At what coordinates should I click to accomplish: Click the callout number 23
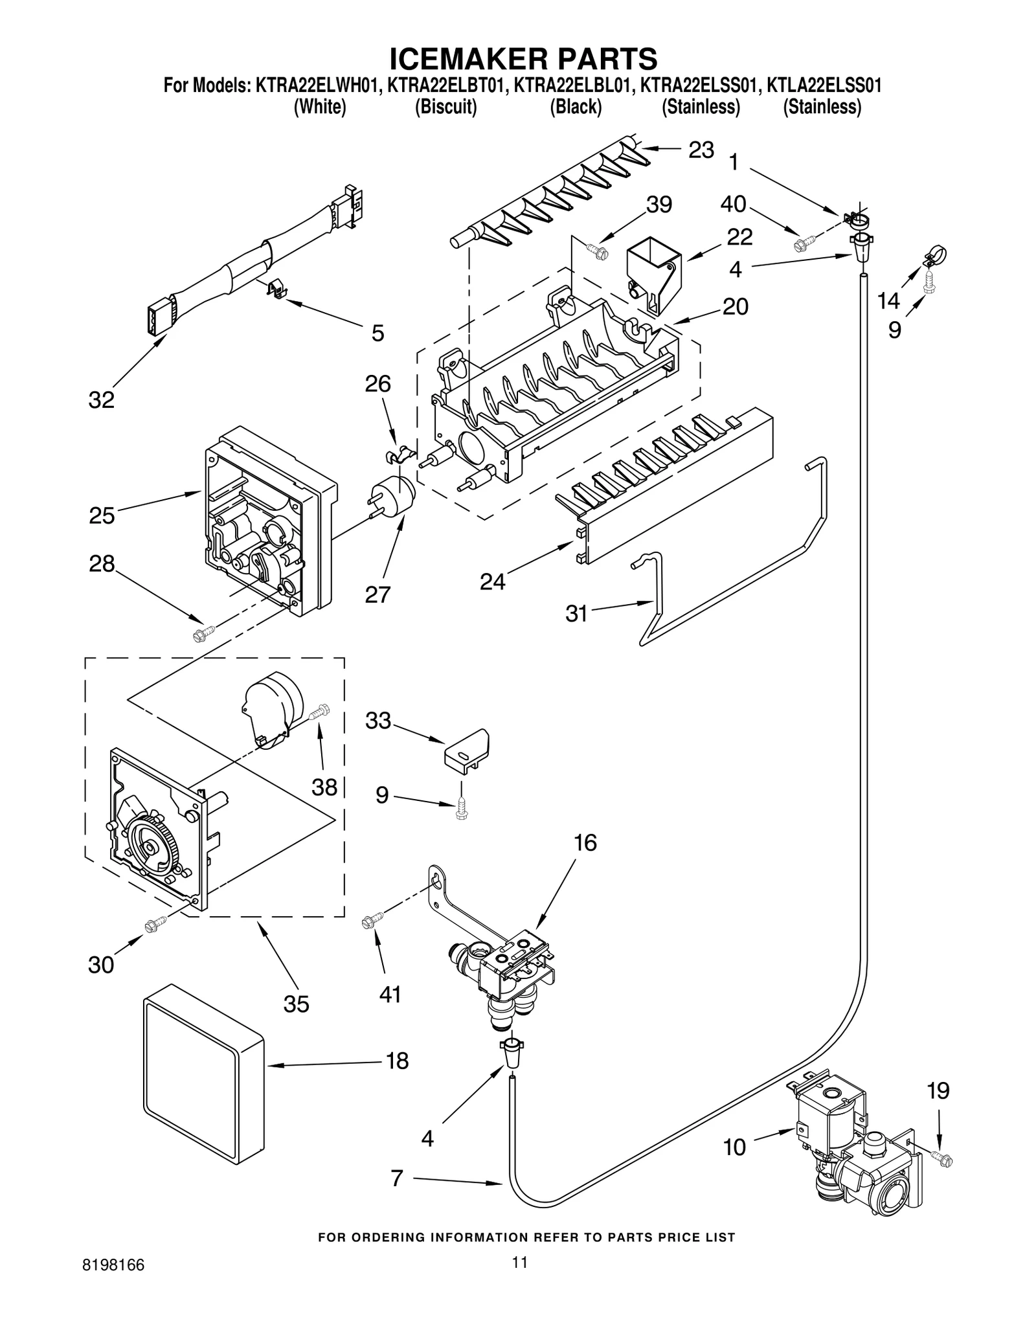pos(701,150)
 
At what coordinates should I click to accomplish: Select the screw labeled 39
pos(596,249)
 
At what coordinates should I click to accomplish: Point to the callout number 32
pos(102,400)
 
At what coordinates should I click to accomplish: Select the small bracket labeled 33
pos(467,748)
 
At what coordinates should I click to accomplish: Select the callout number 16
pos(585,843)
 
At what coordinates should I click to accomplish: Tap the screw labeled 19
pos(941,1173)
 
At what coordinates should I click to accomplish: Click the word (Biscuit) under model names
pos(445,107)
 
